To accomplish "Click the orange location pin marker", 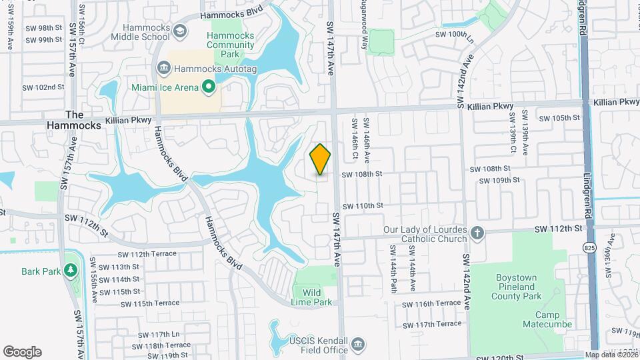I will pyautogui.click(x=320, y=159).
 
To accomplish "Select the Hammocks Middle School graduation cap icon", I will pyautogui.click(x=180, y=31).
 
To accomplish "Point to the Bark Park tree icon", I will pyautogui.click(x=70, y=270).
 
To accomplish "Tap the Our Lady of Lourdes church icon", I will pyautogui.click(x=477, y=233).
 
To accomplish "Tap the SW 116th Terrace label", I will pyautogui.click(x=431, y=303).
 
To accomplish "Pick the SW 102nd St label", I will pyautogui.click(x=43, y=87).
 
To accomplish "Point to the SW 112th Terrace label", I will pyautogui.click(x=147, y=254).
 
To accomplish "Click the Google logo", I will pyautogui.click(x=22, y=352).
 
